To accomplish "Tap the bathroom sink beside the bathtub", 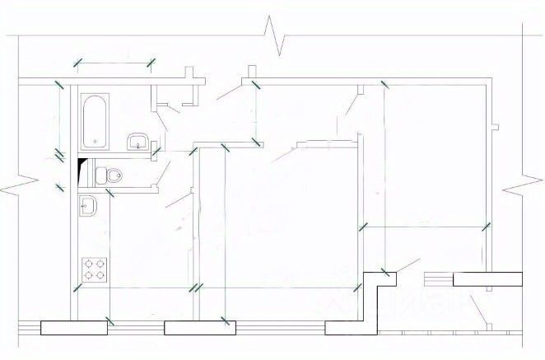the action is coord(137,142).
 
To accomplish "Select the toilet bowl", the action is coord(111,174).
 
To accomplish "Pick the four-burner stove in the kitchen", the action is coord(94,269).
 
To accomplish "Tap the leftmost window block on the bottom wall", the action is coord(74,327).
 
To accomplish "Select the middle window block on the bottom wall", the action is coord(196,327).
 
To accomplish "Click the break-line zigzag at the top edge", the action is coord(276,32).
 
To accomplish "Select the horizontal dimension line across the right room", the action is coord(424,226).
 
